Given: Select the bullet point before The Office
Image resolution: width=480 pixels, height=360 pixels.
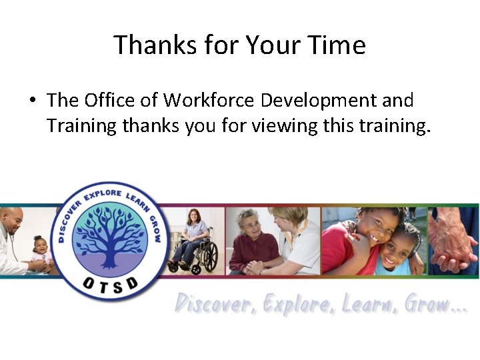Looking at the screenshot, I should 31,101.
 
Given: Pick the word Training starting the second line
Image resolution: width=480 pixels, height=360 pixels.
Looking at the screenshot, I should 82,125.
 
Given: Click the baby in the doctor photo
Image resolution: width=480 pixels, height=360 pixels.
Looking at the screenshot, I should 41,252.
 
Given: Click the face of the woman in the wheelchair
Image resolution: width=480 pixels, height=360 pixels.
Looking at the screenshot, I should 194,217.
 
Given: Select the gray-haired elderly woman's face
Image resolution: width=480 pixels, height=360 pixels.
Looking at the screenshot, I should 248,222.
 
